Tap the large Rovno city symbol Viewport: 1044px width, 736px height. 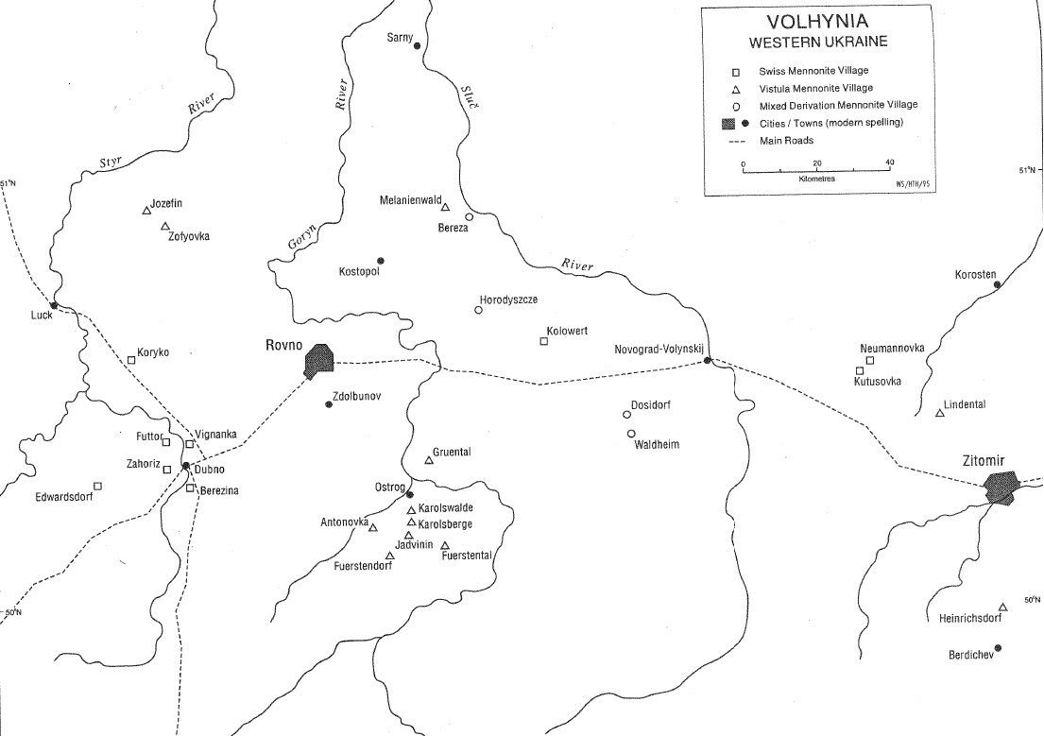pos(320,361)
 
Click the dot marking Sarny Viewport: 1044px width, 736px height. pos(417,45)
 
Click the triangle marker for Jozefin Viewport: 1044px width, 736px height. pos(146,211)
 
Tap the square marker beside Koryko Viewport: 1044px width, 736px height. pos(131,359)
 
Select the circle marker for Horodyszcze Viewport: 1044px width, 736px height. pos(478,310)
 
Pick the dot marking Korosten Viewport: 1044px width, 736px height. pos(997,284)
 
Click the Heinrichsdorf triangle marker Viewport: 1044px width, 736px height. pos(1002,608)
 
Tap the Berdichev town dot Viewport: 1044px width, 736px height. pos(998,648)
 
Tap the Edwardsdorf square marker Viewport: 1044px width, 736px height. pos(97,486)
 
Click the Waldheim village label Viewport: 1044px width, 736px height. pos(658,444)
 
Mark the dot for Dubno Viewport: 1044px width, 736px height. pos(186,466)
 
